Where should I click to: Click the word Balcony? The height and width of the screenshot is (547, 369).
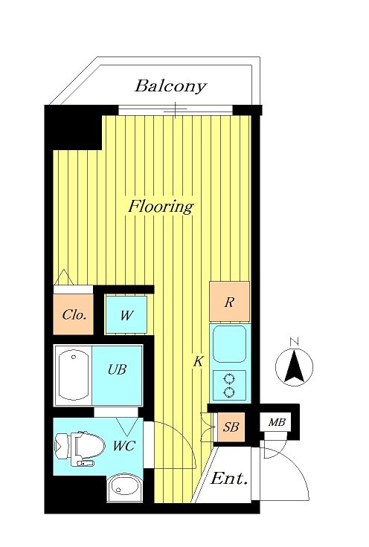(170, 86)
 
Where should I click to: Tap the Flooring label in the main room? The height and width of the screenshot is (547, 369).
(160, 206)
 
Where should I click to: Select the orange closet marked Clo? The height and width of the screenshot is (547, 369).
(74, 314)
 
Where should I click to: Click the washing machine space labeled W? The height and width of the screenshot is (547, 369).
(126, 314)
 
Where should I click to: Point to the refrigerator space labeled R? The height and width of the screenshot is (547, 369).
(229, 302)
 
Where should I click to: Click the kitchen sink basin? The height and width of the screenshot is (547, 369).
(229, 344)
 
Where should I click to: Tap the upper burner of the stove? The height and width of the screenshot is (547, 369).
(229, 379)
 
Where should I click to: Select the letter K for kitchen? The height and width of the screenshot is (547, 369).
(199, 362)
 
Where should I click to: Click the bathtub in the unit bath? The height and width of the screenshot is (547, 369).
(73, 375)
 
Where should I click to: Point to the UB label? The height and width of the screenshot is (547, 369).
(117, 369)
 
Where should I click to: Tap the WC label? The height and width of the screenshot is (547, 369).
(124, 446)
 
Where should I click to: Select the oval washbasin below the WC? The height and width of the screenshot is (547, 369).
(124, 488)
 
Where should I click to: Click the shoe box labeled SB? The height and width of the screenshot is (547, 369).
(231, 427)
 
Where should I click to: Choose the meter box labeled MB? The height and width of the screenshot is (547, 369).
(277, 422)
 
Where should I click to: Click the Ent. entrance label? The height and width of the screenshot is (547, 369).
(229, 479)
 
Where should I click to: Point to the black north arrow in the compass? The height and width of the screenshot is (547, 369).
(295, 366)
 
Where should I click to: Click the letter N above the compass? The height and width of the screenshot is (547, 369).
(295, 342)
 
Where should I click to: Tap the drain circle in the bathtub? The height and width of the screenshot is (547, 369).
(74, 357)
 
